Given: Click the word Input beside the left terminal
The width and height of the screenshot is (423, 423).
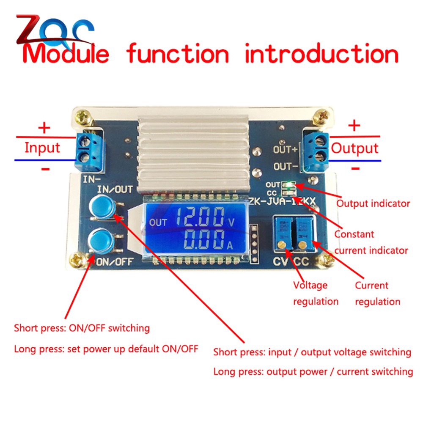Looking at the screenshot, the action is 42,148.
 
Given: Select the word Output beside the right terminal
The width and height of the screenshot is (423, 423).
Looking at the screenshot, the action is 354,148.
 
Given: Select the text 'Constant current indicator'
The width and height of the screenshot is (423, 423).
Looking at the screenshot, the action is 371,242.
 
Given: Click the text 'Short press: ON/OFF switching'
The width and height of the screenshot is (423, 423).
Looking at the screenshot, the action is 82,328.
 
